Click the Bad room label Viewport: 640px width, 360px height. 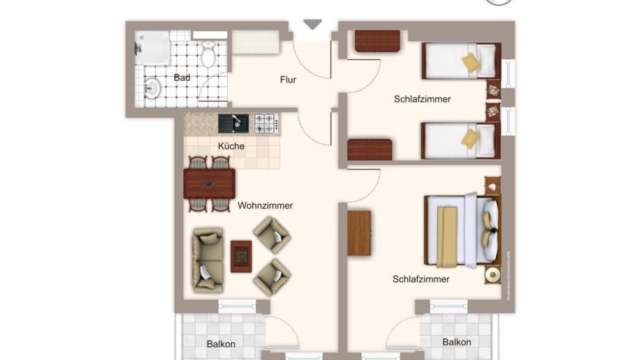pyautogui.click(x=182, y=77)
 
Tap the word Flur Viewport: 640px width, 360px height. pyautogui.click(x=288, y=79)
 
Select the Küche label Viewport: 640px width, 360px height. pyautogui.click(x=231, y=146)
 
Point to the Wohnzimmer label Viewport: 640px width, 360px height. pyautogui.click(x=265, y=205)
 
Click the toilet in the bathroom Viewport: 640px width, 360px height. pyautogui.click(x=208, y=53)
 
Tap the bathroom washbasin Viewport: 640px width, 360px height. pyautogui.click(x=151, y=87)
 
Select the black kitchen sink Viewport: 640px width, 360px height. pyautogui.click(x=233, y=123)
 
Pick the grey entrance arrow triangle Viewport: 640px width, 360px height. pyautogui.click(x=312, y=24)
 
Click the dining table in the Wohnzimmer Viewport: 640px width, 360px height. pyautogui.click(x=209, y=183)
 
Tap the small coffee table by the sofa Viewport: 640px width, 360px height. pyautogui.click(x=241, y=256)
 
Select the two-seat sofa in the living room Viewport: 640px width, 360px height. pyautogui.click(x=208, y=260)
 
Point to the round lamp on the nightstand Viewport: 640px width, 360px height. pyautogui.click(x=493, y=275)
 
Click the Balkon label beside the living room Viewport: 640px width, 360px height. pyautogui.click(x=221, y=344)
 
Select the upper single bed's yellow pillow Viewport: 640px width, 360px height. pyautogui.click(x=471, y=62)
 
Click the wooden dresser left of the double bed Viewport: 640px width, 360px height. pyautogui.click(x=359, y=233)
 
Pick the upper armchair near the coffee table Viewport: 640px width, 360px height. pyautogui.click(x=272, y=235)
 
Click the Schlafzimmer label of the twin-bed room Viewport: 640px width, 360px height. pyautogui.click(x=422, y=99)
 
